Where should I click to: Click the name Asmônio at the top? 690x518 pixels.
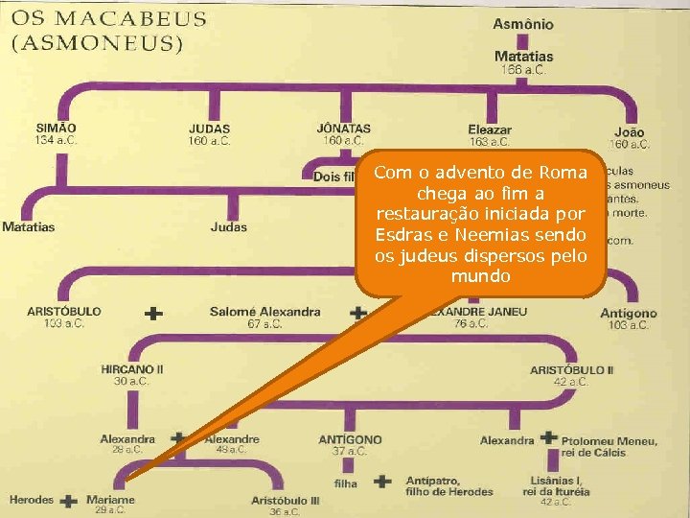(523, 24)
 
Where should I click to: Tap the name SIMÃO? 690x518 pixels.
(57, 128)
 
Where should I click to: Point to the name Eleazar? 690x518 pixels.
(490, 129)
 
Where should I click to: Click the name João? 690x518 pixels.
(630, 132)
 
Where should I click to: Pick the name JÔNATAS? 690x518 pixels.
(343, 128)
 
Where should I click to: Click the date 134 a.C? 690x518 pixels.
(57, 141)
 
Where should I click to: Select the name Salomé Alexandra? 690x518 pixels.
(265, 312)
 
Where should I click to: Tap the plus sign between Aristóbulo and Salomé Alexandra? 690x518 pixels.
(152, 313)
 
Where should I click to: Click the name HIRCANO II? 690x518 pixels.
(132, 369)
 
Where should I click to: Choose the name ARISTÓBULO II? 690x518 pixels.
(572, 369)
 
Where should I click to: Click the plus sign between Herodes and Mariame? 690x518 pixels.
(69, 500)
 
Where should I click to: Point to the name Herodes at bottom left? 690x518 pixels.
(32, 500)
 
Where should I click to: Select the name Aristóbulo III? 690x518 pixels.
(286, 500)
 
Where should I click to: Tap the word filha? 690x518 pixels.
(346, 483)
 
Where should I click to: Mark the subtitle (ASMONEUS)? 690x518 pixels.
(98, 42)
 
